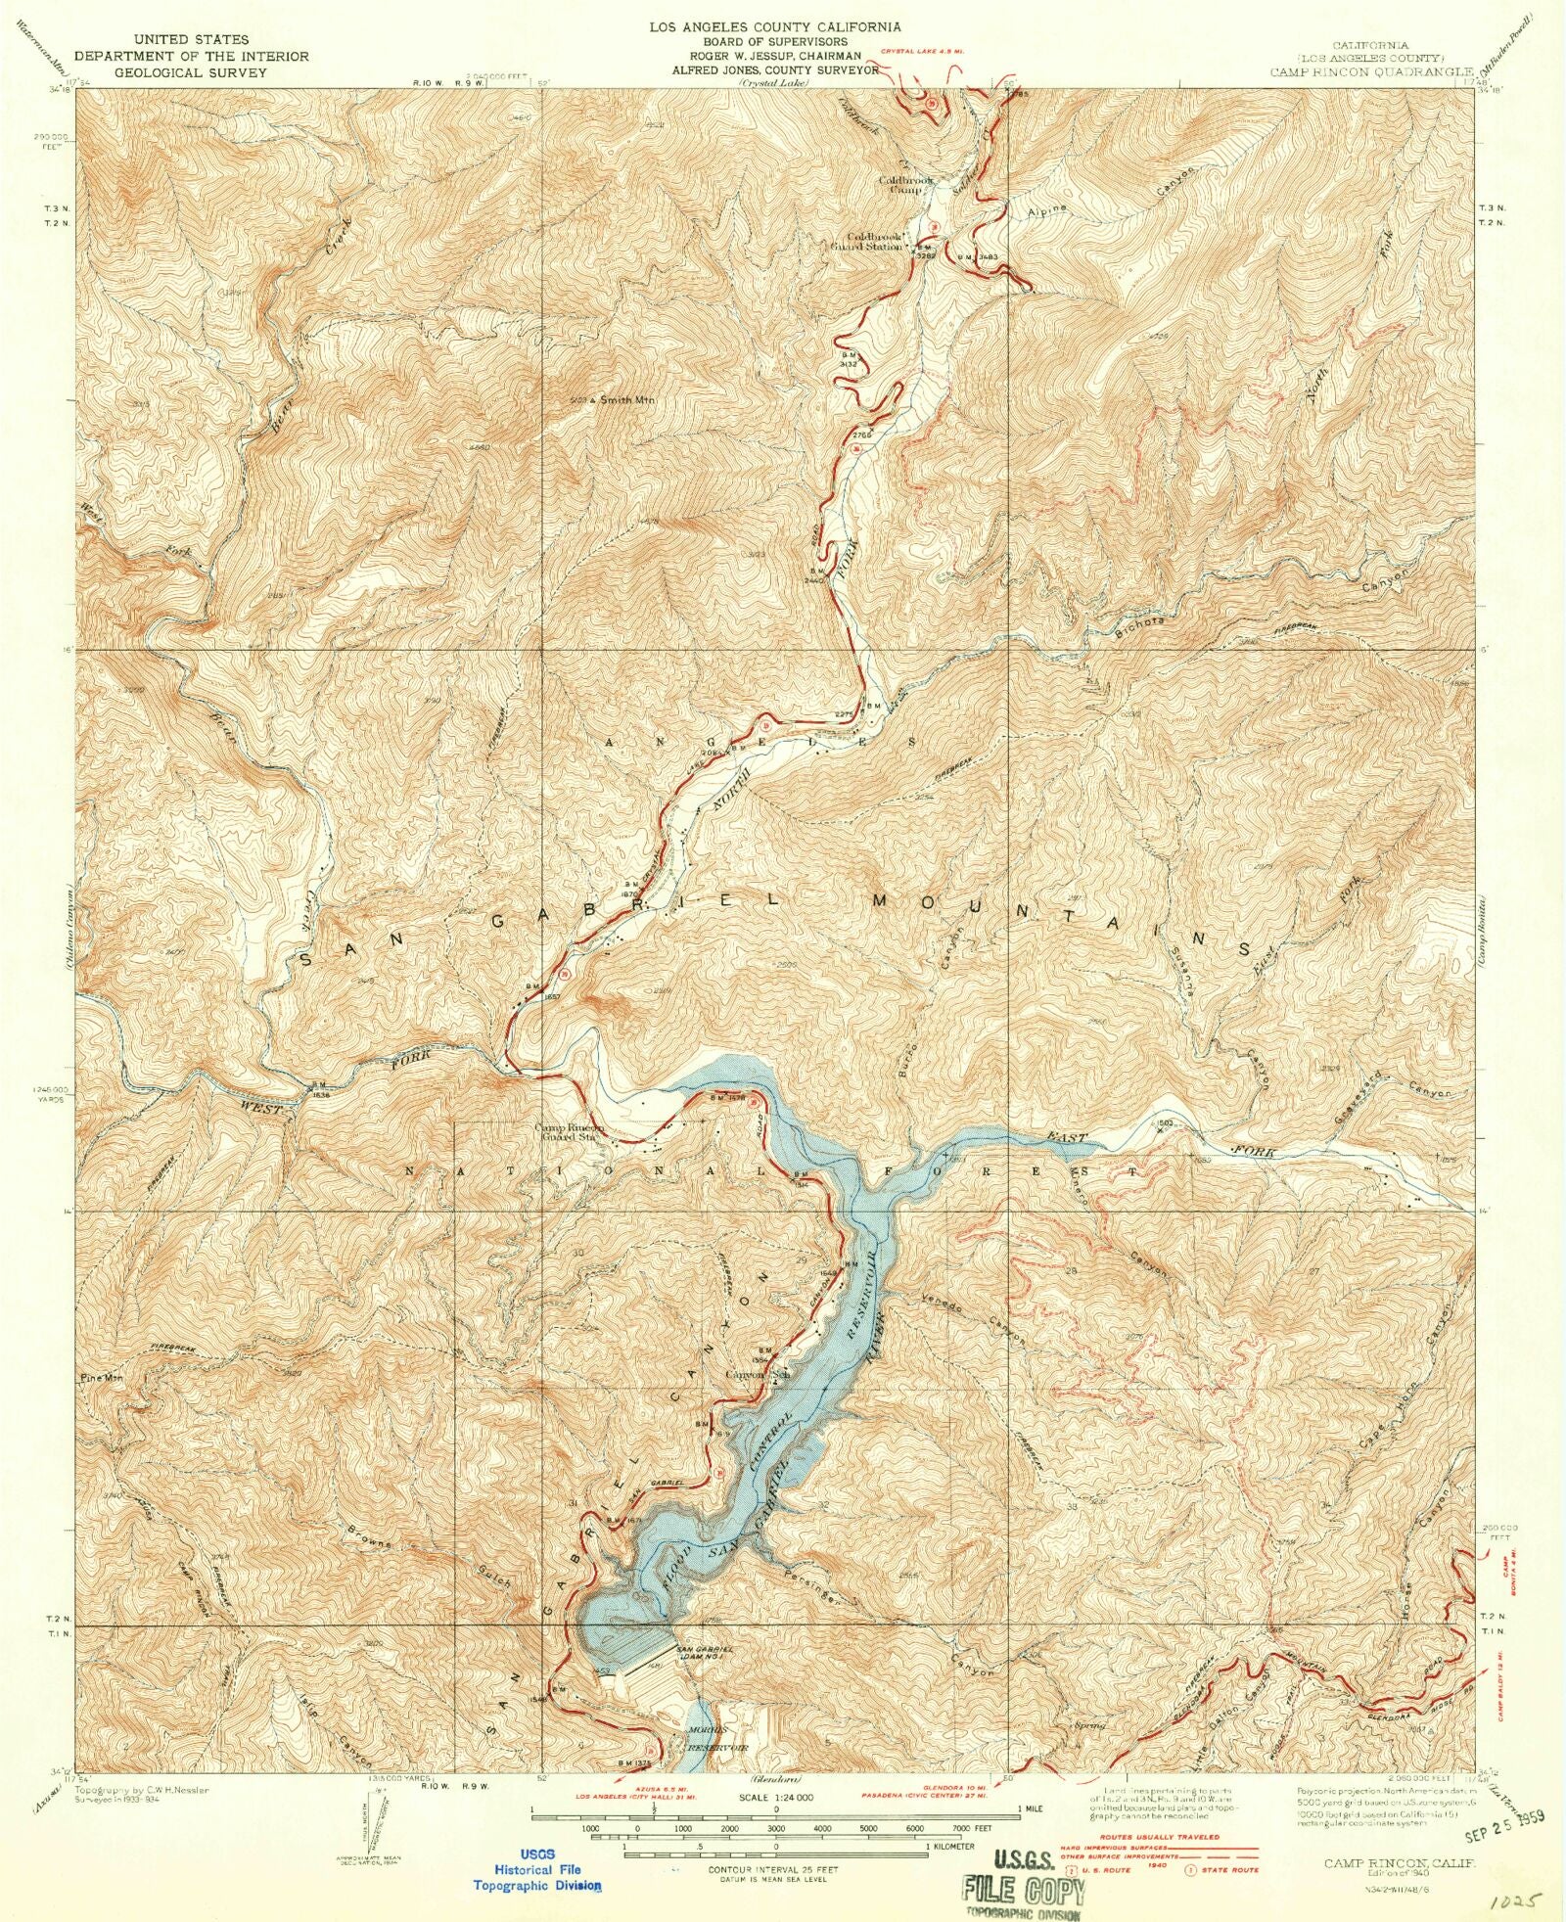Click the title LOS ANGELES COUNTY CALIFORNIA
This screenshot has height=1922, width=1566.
coord(775,27)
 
